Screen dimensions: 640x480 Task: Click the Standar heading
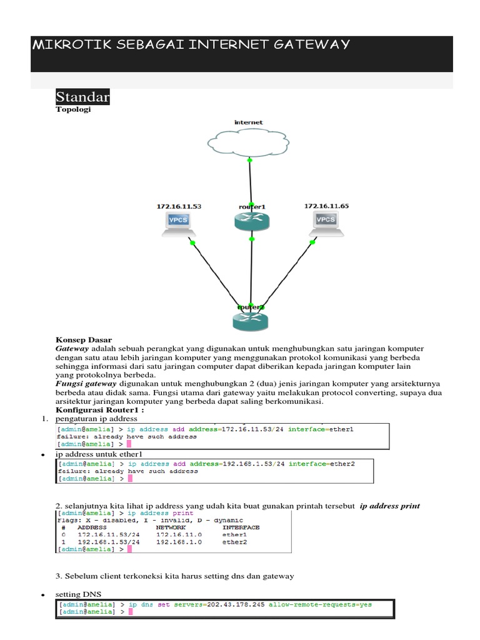82,97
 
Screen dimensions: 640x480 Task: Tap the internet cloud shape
249,139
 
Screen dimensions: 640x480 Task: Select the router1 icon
251,221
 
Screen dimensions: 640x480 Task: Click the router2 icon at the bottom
250,321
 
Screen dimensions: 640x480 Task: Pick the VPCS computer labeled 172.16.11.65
326,222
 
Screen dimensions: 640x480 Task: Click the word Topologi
73,109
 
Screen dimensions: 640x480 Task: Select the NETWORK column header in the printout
171,527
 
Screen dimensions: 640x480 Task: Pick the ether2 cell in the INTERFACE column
235,542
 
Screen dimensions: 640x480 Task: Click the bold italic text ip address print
390,506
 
